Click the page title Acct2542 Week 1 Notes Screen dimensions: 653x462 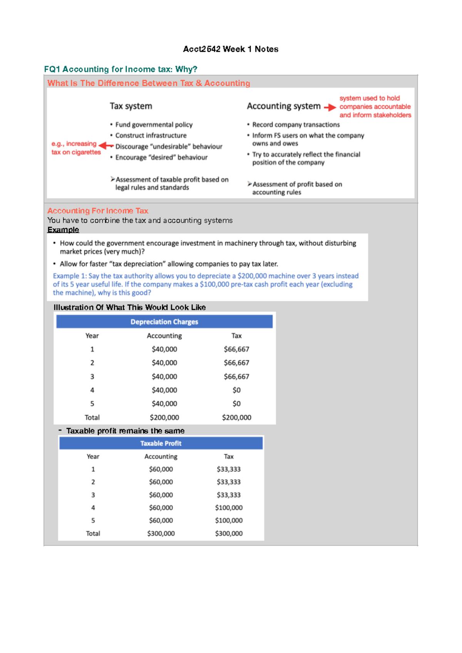pyautogui.click(x=231, y=49)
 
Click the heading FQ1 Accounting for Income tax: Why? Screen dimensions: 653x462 pyautogui.click(x=121, y=69)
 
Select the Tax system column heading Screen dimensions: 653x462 pyautogui.click(x=131, y=106)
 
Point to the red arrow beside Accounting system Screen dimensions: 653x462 pyautogui.click(x=330, y=107)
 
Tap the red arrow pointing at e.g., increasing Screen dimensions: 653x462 pyautogui.click(x=105, y=146)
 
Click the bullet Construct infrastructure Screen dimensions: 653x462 pyautogui.click(x=151, y=136)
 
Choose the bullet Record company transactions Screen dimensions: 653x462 pyautogui.click(x=296, y=125)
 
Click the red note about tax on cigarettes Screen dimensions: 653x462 pyautogui.click(x=76, y=148)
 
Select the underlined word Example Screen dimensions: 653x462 pyautogui.click(x=63, y=230)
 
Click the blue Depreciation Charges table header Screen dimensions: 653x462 pyautogui.click(x=164, y=322)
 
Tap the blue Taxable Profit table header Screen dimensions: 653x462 pyautogui.click(x=161, y=444)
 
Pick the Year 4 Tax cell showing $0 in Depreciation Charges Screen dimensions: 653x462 pyautogui.click(x=236, y=390)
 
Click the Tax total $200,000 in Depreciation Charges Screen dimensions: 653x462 pyautogui.click(x=236, y=417)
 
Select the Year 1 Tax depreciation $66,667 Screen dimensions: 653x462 pyautogui.click(x=236, y=349)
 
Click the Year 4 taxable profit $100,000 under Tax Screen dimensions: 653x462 pyautogui.click(x=229, y=508)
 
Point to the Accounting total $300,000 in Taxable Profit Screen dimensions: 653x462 pyautogui.click(x=161, y=534)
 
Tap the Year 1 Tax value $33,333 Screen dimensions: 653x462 pyautogui.click(x=229, y=469)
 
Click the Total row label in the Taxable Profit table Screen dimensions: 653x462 pyautogui.click(x=93, y=534)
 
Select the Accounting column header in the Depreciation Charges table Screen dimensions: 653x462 pyautogui.click(x=164, y=336)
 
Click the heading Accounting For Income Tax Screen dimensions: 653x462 pyautogui.click(x=98, y=211)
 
